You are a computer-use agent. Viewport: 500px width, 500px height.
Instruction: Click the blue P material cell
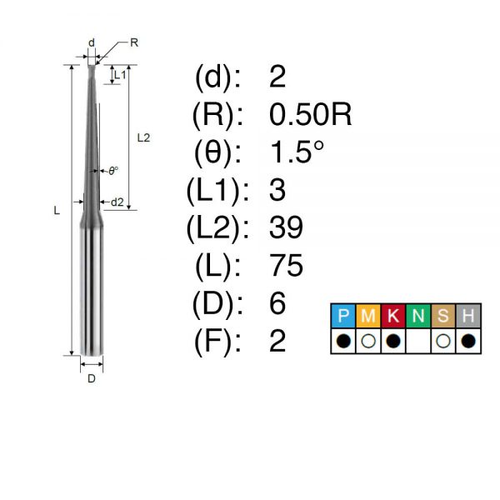click(x=343, y=316)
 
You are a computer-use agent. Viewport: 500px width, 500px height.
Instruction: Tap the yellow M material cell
click(x=368, y=316)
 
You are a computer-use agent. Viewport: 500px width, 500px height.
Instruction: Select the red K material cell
click(x=392, y=316)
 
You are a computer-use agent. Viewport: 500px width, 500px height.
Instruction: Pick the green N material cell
click(x=418, y=316)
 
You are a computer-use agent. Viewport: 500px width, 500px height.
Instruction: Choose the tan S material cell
click(x=443, y=316)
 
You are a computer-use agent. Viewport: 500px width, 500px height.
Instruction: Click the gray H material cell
click(x=468, y=316)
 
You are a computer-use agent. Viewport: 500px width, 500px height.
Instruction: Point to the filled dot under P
click(x=343, y=341)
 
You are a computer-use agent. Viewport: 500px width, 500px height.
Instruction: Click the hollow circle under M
click(x=368, y=341)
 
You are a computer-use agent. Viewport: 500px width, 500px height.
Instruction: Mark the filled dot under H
click(x=468, y=341)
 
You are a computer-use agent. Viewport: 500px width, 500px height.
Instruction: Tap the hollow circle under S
click(x=443, y=341)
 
